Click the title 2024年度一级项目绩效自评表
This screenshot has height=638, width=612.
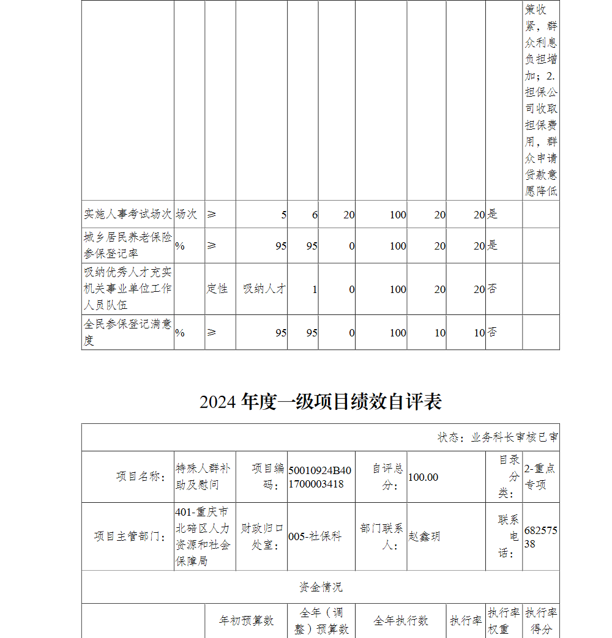point(320,402)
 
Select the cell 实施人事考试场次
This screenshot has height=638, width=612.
point(127,214)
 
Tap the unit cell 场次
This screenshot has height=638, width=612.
point(186,214)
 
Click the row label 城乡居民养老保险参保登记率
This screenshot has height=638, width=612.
point(127,245)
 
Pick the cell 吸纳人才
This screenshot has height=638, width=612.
point(264,289)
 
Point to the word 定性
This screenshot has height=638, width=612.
point(217,289)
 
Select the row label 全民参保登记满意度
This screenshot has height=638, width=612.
point(127,332)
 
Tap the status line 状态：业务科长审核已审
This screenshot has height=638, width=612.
point(497,437)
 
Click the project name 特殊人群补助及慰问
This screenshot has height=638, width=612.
point(203,477)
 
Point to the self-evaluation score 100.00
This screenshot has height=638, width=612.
point(423,477)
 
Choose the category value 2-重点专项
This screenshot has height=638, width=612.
point(540,477)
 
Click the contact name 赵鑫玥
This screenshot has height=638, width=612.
point(424,536)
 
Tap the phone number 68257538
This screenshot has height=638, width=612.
point(540,536)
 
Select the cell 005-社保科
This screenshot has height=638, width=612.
point(315,536)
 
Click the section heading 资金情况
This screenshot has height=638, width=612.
point(320,587)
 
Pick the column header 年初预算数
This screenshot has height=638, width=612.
point(246,620)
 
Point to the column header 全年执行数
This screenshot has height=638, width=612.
point(401,620)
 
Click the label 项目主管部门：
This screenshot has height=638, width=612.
point(130,536)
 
